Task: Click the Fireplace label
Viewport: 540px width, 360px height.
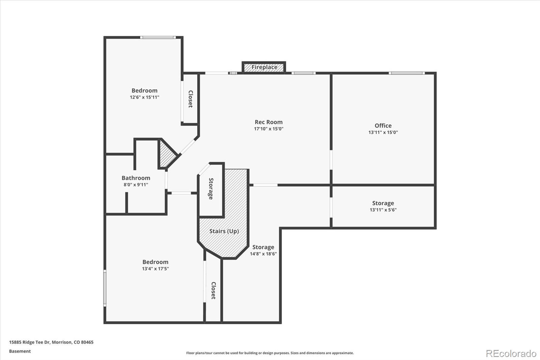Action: pos(264,67)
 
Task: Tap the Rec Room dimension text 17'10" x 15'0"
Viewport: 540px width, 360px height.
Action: pos(269,129)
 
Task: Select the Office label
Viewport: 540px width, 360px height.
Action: pos(383,126)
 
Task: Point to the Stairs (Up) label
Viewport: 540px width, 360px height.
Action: pos(224,231)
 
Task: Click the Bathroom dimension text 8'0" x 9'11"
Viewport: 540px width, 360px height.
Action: pos(136,185)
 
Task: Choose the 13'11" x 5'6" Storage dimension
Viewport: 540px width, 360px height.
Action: pos(383,210)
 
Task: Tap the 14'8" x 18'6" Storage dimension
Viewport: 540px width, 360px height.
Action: pos(263,254)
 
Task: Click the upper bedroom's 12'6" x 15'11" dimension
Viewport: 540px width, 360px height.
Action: pos(144,97)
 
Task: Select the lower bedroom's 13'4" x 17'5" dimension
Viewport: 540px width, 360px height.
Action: pos(155,269)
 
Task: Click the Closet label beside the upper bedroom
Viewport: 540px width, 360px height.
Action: pos(190,99)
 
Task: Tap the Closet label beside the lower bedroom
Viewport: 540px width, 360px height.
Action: pos(213,290)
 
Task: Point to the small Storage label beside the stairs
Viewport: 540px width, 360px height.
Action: pos(211,189)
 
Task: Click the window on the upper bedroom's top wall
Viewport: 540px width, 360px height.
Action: pos(158,37)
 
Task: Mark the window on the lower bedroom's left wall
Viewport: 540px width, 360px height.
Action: pos(105,288)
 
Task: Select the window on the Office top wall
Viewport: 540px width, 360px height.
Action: pos(407,73)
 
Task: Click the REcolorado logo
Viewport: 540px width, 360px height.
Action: pos(511,354)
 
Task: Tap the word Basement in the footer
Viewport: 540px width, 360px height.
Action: pos(20,351)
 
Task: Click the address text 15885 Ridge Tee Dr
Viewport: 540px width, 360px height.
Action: pos(30,342)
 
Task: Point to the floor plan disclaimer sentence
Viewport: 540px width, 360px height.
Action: pos(270,353)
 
